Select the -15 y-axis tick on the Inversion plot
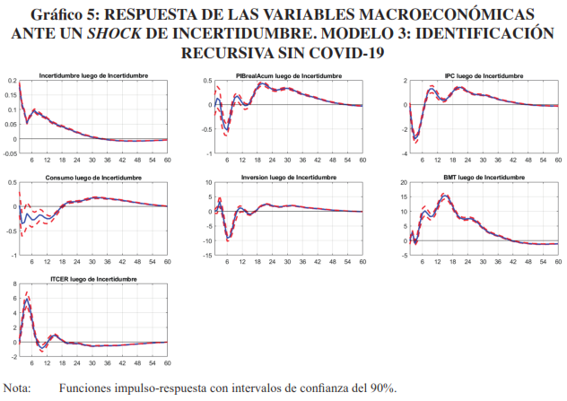205,257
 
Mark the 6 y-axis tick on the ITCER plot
13,298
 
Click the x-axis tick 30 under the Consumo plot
92,263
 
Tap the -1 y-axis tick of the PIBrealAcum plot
208,154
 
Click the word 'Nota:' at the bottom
16,388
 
